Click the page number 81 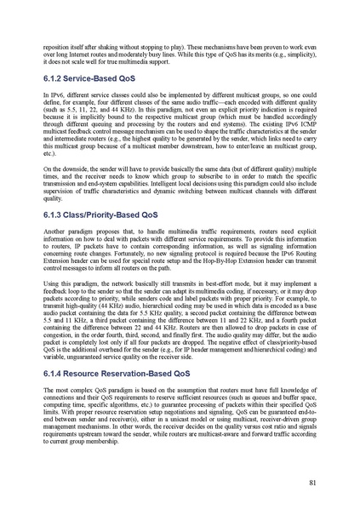(313, 483)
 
